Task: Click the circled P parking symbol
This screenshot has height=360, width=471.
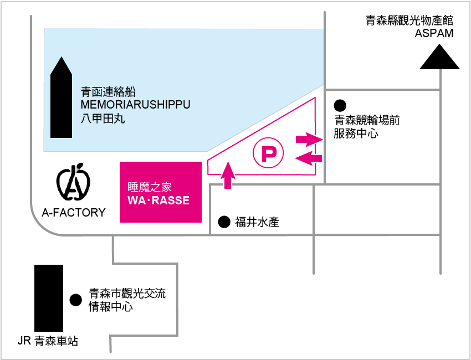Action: tap(268, 153)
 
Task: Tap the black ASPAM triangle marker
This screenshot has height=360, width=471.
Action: tap(439, 58)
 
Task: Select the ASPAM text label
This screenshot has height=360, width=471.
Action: tap(434, 33)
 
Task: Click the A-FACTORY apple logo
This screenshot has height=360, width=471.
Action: tap(73, 182)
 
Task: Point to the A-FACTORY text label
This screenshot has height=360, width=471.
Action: tap(74, 213)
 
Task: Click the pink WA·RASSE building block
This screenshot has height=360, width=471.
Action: tap(161, 192)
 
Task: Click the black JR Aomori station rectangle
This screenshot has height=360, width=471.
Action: tap(48, 298)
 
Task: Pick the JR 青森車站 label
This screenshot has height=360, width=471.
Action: tap(48, 341)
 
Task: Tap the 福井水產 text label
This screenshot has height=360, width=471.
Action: tap(257, 223)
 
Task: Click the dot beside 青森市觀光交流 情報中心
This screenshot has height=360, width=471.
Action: tap(75, 300)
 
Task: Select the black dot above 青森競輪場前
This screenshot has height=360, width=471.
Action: tap(340, 105)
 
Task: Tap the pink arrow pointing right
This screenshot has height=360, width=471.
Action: tap(309, 140)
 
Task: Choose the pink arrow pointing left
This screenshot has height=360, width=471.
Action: tap(309, 159)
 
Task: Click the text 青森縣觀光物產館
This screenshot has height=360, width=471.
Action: tap(409, 21)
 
